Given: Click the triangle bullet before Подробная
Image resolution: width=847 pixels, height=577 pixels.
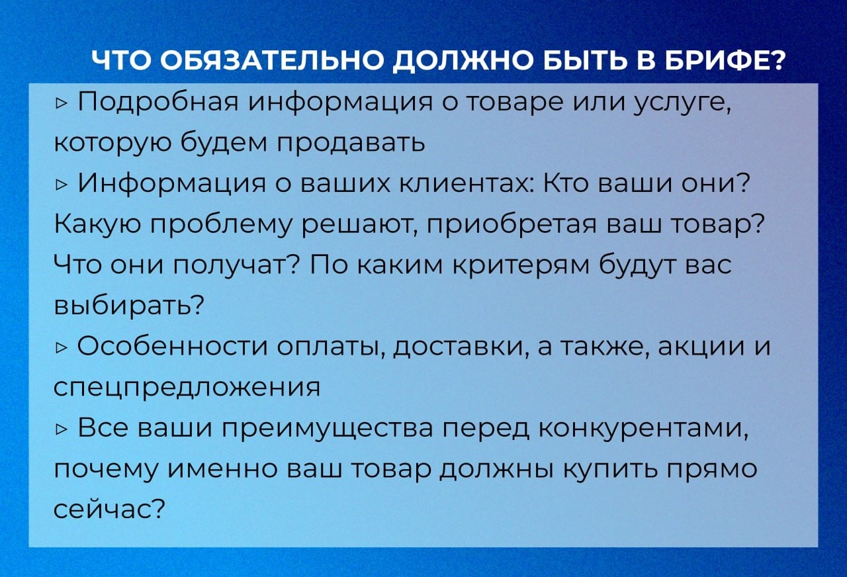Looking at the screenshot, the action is [61, 103].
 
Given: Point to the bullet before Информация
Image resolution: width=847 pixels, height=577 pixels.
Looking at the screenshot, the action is [61, 185].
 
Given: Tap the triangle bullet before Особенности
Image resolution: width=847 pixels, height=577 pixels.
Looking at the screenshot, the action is [61, 348].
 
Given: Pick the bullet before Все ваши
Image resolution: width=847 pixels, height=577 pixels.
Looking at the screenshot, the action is [61, 430].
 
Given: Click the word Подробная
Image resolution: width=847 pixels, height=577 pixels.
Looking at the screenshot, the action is [158, 103].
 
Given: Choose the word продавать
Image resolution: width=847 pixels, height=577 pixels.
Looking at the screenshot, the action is [351, 143].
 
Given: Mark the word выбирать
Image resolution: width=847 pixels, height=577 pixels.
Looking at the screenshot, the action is [129, 305].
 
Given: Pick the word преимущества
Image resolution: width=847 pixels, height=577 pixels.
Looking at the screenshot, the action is [327, 430].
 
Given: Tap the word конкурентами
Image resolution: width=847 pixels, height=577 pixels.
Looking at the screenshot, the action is [643, 430].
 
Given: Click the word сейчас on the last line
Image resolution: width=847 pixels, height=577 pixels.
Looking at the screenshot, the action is [110, 510].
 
